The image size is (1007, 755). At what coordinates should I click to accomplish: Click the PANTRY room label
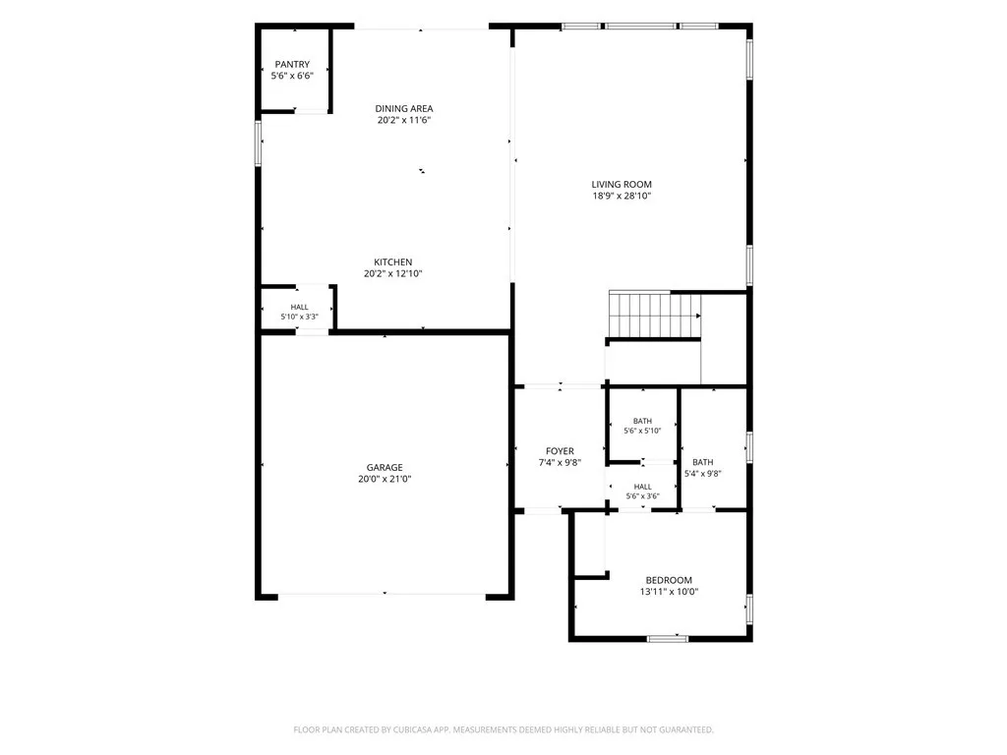(292, 64)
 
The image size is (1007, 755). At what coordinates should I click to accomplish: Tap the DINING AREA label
(404, 108)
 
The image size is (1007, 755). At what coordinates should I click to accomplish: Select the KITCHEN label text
(393, 261)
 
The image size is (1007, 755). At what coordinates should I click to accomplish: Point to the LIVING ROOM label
(622, 184)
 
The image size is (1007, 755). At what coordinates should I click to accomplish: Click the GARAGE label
(385, 467)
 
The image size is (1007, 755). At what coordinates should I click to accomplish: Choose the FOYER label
(560, 451)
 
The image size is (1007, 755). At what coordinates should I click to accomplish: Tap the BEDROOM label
(669, 580)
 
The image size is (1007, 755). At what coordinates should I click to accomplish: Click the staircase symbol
(654, 315)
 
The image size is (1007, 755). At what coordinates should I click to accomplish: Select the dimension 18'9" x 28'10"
(622, 196)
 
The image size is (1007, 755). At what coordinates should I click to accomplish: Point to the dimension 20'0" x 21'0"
(385, 479)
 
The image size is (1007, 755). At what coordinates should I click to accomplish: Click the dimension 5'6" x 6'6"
(292, 76)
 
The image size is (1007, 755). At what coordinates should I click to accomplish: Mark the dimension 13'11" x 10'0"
(669, 592)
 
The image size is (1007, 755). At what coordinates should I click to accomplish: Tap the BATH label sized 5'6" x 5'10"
(642, 421)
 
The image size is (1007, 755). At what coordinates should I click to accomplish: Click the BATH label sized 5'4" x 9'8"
(702, 462)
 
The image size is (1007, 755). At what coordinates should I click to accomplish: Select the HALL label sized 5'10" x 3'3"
(299, 308)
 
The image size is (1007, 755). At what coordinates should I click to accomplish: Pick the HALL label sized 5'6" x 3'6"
(643, 487)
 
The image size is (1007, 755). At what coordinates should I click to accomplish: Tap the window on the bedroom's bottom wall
(668, 639)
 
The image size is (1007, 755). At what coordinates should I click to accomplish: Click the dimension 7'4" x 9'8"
(560, 463)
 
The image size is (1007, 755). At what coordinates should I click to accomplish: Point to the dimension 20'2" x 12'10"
(393, 273)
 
